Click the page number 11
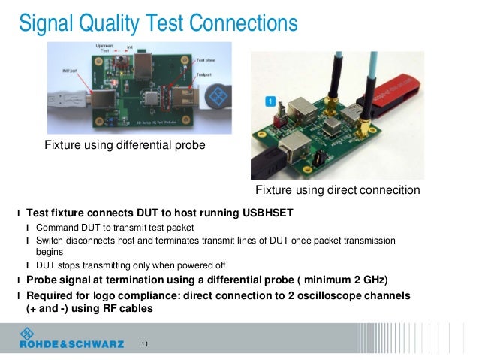(145, 344)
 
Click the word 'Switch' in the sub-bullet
(51, 240)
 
